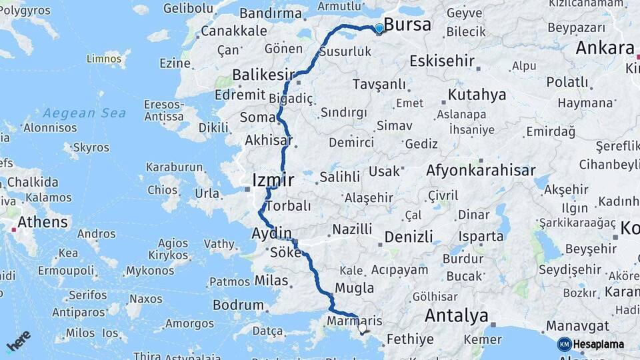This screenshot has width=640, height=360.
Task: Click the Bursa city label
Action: click(407, 25)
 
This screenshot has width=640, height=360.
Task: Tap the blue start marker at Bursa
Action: click(379, 28)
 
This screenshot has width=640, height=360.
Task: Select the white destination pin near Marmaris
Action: click(362, 327)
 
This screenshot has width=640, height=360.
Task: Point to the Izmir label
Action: click(273, 179)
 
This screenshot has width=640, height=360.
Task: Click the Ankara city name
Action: click(605, 48)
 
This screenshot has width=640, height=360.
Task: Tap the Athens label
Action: click(43, 222)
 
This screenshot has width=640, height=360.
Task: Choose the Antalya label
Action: click(456, 315)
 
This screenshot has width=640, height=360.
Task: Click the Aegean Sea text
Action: click(85, 113)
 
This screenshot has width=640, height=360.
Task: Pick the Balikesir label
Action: click(263, 74)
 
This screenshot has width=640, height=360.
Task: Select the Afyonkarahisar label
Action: click(481, 171)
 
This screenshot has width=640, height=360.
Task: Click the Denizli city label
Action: click(409, 237)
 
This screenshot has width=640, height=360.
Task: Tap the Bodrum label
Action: click(238, 305)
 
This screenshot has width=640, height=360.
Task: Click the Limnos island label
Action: click(104, 59)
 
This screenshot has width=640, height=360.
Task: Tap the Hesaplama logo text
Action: click(599, 344)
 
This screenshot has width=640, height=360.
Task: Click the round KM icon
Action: click(564, 344)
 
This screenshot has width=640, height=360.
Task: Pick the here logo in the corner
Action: click(19, 340)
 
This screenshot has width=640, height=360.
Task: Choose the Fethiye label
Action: click(410, 339)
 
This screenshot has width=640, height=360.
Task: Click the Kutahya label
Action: click(477, 95)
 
